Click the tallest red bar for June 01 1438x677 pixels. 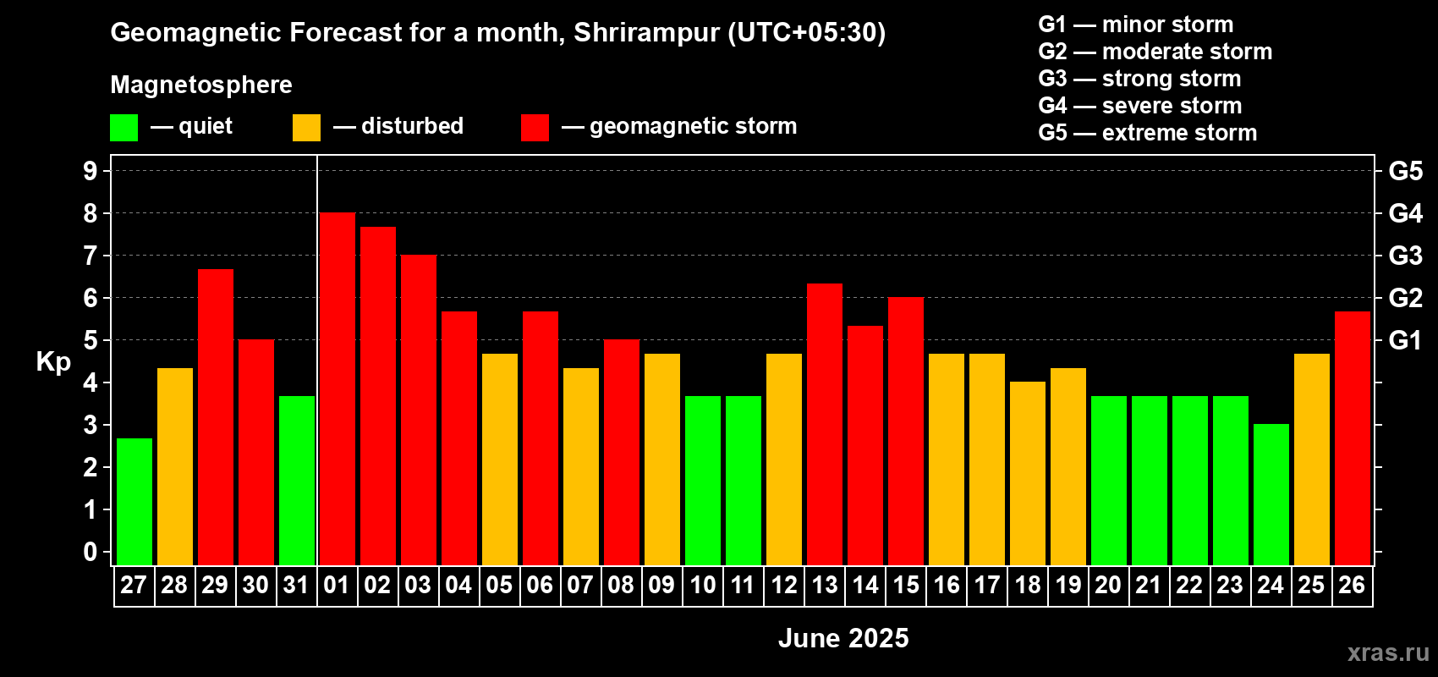pyautogui.click(x=337, y=389)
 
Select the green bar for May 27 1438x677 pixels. pyautogui.click(x=134, y=502)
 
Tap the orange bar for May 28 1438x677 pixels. pyautogui.click(x=175, y=466)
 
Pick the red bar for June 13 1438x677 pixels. pyautogui.click(x=825, y=424)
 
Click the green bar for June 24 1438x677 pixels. pyautogui.click(x=1271, y=494)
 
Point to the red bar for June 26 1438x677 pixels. pyautogui.click(x=1353, y=438)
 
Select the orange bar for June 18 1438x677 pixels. pyautogui.click(x=1028, y=473)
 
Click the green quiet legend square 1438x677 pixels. pyautogui.click(x=123, y=128)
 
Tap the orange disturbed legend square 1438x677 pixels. pyautogui.click(x=306, y=128)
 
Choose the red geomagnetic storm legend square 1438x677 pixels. pyautogui.click(x=535, y=128)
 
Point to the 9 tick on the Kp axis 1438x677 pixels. pyautogui.click(x=91, y=171)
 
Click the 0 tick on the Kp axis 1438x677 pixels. pyautogui.click(x=91, y=553)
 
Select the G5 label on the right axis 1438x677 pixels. pyautogui.click(x=1405, y=171)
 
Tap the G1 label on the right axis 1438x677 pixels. pyautogui.click(x=1405, y=340)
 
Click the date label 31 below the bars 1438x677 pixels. pyautogui.click(x=296, y=585)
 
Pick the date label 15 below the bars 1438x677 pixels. pyautogui.click(x=906, y=585)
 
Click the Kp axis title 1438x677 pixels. pyautogui.click(x=53, y=362)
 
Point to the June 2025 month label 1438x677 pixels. pyautogui.click(x=843, y=638)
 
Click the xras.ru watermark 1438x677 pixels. pyautogui.click(x=1388, y=652)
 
